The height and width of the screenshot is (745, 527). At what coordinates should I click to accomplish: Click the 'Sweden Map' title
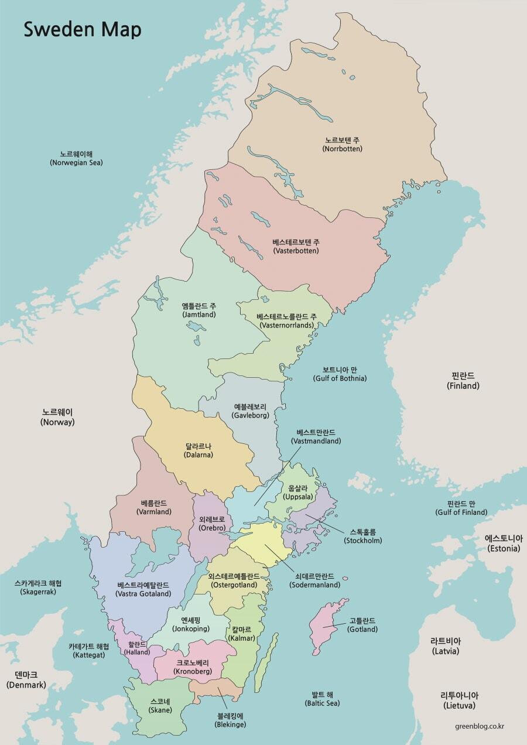pos(82,29)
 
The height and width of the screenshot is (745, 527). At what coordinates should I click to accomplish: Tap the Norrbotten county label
pos(343,145)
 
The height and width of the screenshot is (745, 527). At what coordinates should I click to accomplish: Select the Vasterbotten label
pos(296,246)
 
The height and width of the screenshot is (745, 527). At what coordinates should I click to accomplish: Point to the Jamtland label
pos(199,310)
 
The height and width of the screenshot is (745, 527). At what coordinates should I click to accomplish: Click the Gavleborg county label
pos(250,411)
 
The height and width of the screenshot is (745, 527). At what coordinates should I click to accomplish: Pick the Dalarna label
pos(198,450)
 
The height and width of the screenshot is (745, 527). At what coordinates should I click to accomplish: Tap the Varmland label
pos(154,507)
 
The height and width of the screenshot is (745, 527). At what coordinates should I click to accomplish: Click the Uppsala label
pos(298,492)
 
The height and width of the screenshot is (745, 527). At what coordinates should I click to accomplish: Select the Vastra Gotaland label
pos(143,589)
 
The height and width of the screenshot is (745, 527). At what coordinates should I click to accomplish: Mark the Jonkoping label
pos(191,624)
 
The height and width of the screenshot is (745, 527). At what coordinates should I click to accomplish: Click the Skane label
pos(160,706)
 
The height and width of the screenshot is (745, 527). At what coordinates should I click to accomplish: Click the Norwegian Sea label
pos(76,158)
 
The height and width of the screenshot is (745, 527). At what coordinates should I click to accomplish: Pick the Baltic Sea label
pos(322,698)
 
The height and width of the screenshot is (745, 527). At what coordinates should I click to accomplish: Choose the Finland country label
pos(463,381)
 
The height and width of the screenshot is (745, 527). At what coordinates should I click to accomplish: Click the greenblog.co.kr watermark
pos(480,726)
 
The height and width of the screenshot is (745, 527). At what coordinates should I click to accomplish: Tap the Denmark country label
pos(26,679)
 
